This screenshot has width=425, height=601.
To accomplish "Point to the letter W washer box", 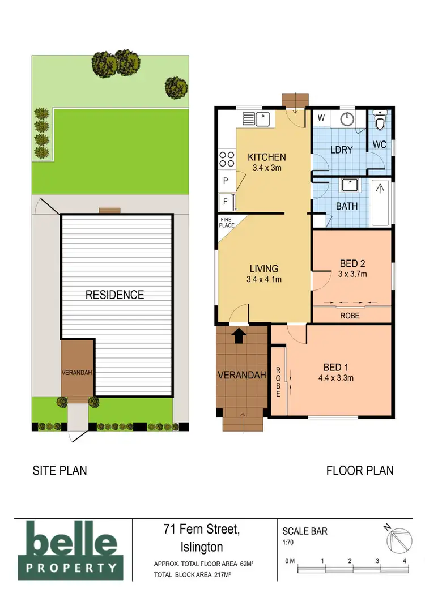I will coord(321,118).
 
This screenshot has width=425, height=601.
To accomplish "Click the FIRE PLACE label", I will coord(226,223).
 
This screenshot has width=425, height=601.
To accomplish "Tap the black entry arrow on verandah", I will coord(239,336).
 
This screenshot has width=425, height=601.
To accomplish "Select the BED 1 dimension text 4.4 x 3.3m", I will coord(333,378).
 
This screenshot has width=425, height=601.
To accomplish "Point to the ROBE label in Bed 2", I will coord(350,315).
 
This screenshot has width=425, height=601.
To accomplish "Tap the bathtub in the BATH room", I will coord(381,202).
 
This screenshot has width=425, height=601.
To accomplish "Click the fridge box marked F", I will coord(225,201).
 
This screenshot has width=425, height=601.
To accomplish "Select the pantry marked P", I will coord(225,181).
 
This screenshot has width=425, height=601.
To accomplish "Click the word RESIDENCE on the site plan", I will coord(114,295).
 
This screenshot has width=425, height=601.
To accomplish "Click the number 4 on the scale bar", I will coord(405,561).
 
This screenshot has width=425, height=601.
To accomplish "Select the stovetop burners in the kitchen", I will coord(227,158).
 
